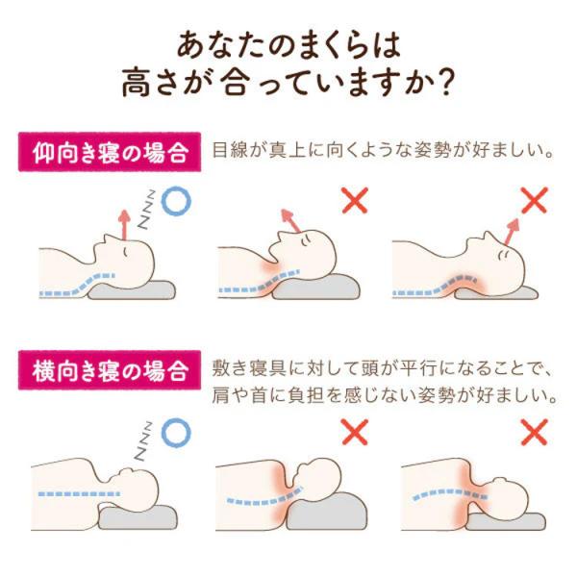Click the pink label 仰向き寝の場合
pos(110,152)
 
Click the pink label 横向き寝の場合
pos(110,370)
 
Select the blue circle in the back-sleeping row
pos(176,201)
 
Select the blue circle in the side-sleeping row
pos(176,433)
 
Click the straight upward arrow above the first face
pos(124,225)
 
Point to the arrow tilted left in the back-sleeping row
pos(290,220)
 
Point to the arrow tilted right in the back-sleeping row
pos(512,232)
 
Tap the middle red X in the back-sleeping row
pos(355,200)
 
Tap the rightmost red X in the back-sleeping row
pos(535,200)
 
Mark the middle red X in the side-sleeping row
pos(355,432)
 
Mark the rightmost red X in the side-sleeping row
pos(535,432)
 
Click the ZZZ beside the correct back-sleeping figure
pos(146,210)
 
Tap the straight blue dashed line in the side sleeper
pos(79,494)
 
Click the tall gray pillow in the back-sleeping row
pos(315,287)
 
